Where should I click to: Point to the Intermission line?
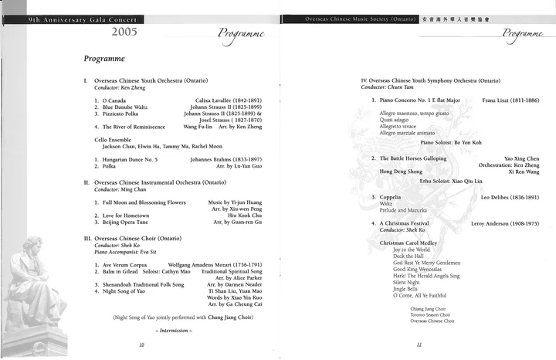tap(174, 331)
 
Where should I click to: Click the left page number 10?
tap(141, 345)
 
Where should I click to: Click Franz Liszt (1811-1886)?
tap(510, 100)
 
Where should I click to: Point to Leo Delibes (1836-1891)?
tap(510, 197)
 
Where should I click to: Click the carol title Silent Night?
tap(408, 282)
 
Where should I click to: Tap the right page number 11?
tap(418, 345)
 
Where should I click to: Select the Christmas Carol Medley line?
tap(414, 243)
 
